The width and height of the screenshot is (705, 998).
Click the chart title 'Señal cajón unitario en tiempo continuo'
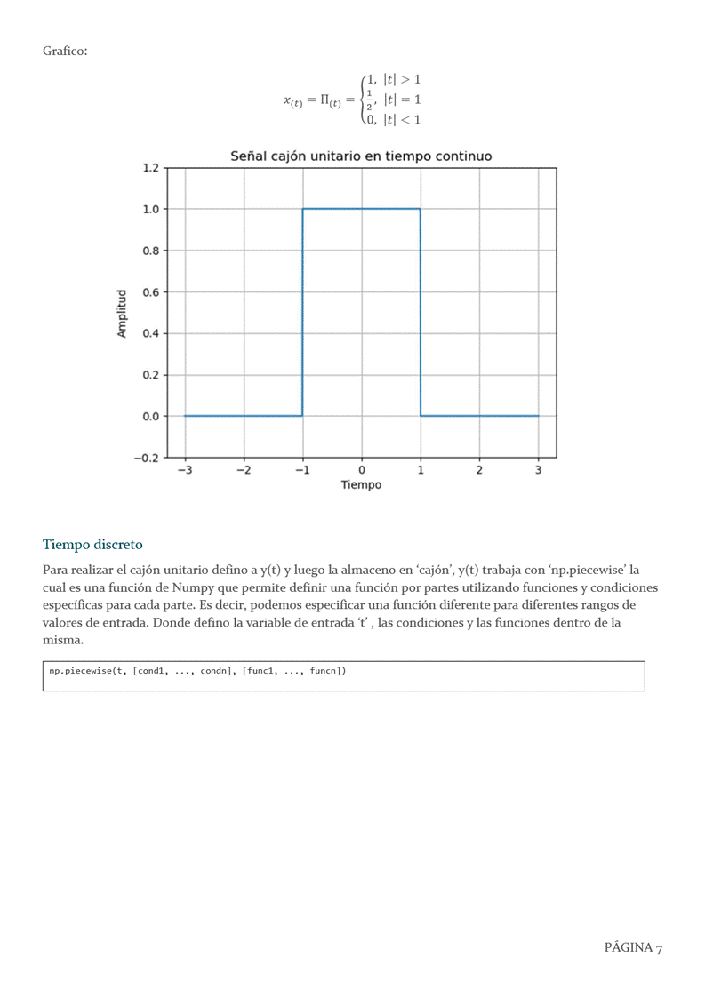[361, 156]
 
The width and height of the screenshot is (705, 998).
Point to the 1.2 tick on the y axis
[149, 168]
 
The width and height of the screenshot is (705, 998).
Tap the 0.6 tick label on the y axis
[149, 292]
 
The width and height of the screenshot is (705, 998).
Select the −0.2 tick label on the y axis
[146, 458]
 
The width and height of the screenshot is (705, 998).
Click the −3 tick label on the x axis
[184, 471]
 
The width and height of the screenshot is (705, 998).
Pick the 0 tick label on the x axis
[361, 471]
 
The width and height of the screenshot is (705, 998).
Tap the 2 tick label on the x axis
[479, 471]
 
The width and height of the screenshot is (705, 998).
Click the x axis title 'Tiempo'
[361, 485]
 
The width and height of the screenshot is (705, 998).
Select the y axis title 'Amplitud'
[123, 313]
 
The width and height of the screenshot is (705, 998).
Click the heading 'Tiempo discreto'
[92, 544]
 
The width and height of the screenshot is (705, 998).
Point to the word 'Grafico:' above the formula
[65, 51]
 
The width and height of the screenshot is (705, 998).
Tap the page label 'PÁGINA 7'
[633, 948]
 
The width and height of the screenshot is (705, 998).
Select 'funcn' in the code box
[324, 671]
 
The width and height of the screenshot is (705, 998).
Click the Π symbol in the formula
[324, 100]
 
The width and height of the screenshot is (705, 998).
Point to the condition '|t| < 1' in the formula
[402, 119]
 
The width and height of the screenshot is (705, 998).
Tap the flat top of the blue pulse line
[361, 209]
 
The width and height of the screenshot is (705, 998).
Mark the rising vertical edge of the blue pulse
[302, 311]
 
